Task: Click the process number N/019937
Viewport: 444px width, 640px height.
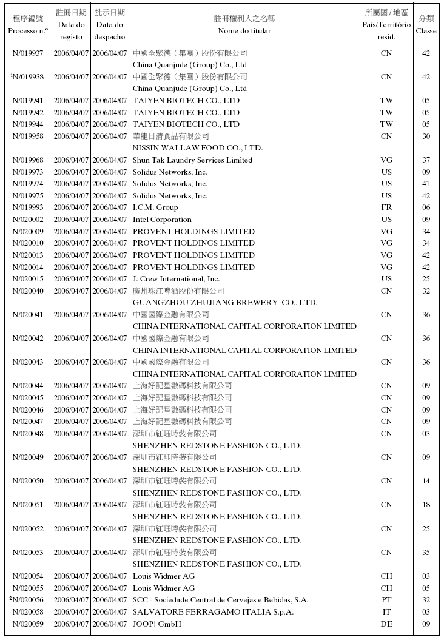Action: pos(28,53)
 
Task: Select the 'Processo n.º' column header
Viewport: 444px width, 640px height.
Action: pos(28,30)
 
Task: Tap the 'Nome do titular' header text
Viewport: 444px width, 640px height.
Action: pos(244,31)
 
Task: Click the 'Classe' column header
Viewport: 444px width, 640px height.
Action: pos(426,31)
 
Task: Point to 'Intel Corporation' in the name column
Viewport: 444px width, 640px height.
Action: pos(162,220)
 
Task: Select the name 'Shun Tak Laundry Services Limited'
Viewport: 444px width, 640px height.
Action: pos(192,160)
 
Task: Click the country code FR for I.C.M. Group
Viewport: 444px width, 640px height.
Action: pos(386,207)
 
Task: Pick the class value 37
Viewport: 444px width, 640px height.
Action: pos(426,160)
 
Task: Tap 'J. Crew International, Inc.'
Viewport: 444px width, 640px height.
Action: pos(177,279)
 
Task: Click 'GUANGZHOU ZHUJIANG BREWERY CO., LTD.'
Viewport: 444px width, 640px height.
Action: pos(225,303)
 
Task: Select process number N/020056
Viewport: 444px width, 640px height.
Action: pos(28,600)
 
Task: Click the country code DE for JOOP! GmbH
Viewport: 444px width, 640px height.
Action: pos(386,624)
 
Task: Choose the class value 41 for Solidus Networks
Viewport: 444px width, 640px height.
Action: pos(426,184)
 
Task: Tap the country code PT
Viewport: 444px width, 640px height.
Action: pos(386,600)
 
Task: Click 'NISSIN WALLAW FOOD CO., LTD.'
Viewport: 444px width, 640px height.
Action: pos(198,148)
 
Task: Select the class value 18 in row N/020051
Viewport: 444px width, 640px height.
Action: pos(426,505)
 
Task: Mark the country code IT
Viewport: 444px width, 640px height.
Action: pos(386,612)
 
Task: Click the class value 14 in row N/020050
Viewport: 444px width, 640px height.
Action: pos(426,481)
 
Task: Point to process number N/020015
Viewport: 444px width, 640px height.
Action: pos(28,279)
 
